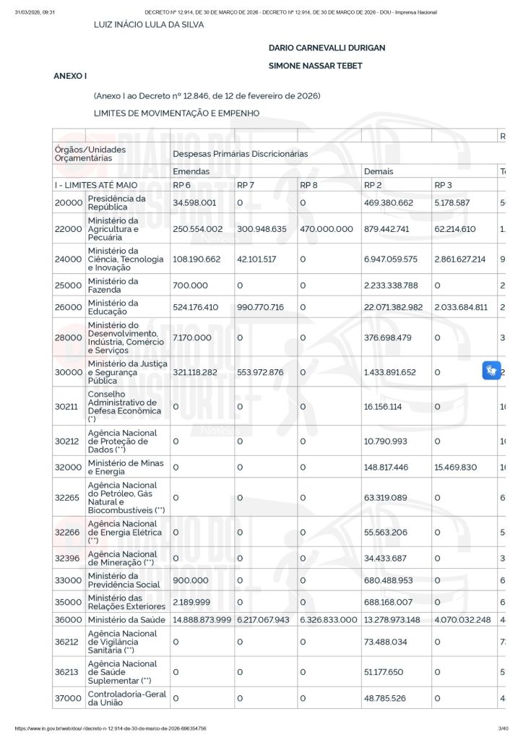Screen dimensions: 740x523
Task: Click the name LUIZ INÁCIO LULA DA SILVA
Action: [x=149, y=25]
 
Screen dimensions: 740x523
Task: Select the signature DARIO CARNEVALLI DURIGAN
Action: [x=327, y=48]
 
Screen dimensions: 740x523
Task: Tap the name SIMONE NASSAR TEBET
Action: [x=315, y=66]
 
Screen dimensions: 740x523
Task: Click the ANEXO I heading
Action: [x=70, y=76]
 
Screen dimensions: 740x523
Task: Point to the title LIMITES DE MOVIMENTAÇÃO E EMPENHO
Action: [x=176, y=113]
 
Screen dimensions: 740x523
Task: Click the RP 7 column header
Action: [x=246, y=186]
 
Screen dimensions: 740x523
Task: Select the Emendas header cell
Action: [x=191, y=171]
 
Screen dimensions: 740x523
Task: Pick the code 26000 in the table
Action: [x=69, y=307]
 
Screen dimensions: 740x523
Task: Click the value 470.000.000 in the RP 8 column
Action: [x=327, y=229]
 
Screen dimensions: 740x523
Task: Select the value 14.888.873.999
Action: [x=202, y=619]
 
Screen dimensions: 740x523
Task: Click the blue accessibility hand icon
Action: [x=492, y=371]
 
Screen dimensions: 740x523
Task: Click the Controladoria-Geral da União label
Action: [x=127, y=698]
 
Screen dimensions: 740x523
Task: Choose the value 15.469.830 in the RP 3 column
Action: [x=456, y=467]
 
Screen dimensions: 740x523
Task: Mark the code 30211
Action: [x=69, y=406]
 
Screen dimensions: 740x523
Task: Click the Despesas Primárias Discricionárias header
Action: [x=240, y=154]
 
